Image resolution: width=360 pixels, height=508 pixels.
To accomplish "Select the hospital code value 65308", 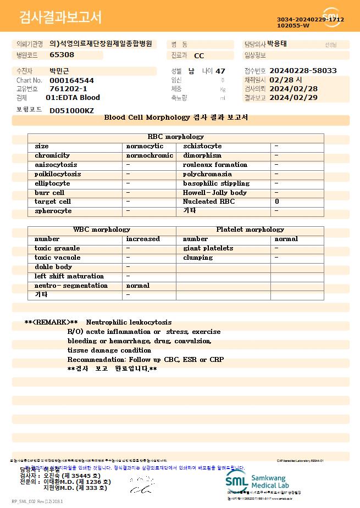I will click(62, 55).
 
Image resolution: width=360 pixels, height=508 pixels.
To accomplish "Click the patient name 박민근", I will click(60, 71).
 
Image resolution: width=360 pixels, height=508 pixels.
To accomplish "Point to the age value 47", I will click(220, 71).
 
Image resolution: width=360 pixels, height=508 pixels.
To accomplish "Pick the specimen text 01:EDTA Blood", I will click(73, 98).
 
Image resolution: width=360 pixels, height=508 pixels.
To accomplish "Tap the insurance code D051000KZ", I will click(71, 110).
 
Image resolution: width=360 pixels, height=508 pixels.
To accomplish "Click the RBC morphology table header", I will click(176, 137).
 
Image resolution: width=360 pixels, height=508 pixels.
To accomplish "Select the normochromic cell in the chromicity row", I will click(149, 155).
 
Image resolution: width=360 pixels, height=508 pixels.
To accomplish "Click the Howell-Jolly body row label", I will click(215, 193).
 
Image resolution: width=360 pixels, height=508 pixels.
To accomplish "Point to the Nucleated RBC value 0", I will click(277, 202).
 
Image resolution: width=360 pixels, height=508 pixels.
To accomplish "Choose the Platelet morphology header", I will click(250, 230).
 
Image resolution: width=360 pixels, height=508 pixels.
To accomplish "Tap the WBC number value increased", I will click(143, 239).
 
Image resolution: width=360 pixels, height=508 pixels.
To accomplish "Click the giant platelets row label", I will click(208, 248).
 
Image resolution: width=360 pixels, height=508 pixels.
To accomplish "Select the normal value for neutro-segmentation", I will click(137, 286).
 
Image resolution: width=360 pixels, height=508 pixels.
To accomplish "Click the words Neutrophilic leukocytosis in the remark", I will click(129, 322).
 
